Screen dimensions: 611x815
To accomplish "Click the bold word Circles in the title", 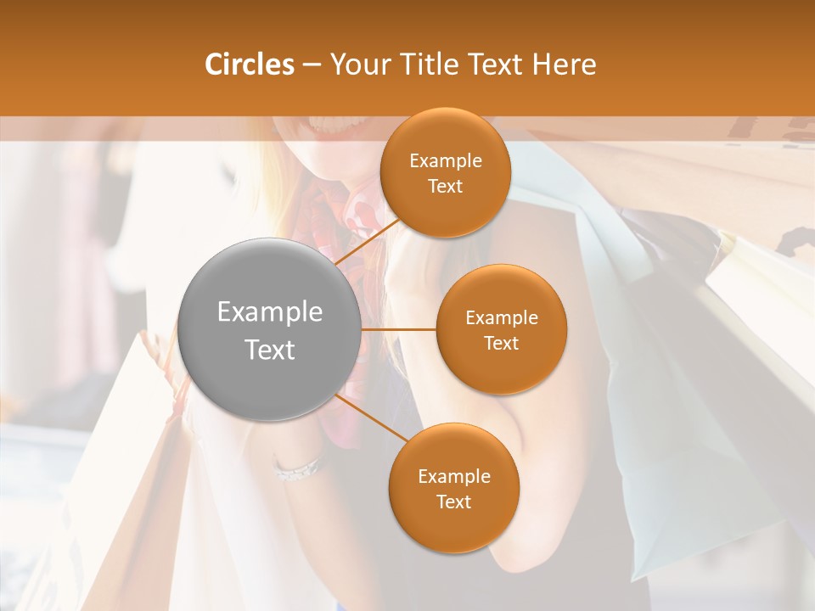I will pyautogui.click(x=250, y=64).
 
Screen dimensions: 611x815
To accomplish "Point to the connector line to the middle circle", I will pyautogui.click(x=399, y=329).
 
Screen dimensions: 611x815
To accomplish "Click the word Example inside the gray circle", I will pyautogui.click(x=270, y=312).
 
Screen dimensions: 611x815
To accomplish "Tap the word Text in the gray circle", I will pyautogui.click(x=270, y=350).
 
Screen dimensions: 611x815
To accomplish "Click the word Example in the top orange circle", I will pyautogui.click(x=446, y=161).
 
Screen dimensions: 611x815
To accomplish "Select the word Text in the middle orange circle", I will pyautogui.click(x=501, y=344).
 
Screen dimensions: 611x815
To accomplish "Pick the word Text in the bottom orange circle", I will pyautogui.click(x=453, y=502).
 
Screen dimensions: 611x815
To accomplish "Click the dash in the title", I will pyautogui.click(x=312, y=64).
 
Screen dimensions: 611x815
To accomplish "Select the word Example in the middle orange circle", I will pyautogui.click(x=501, y=318).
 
